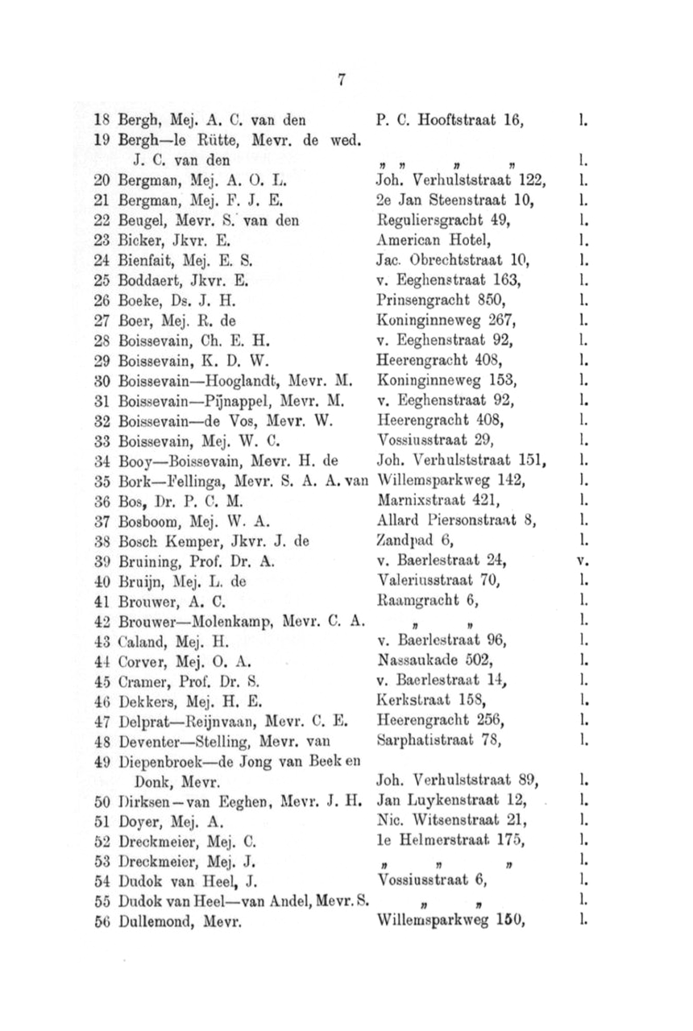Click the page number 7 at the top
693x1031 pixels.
click(342, 80)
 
